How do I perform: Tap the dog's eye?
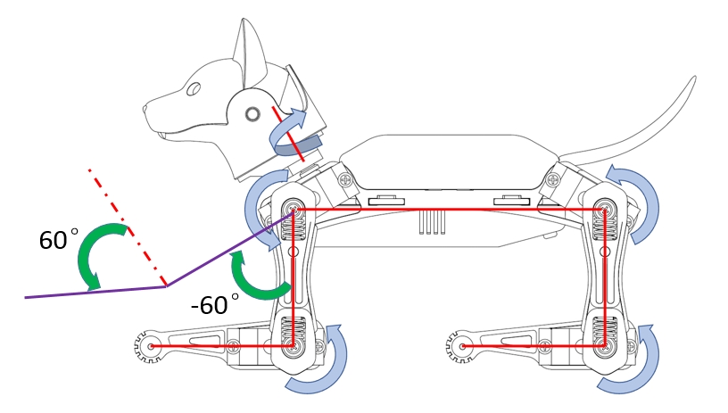coord(193,89)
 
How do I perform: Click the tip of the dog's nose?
coord(147,111)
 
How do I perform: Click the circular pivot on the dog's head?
coord(252,113)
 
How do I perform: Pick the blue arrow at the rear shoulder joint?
coord(642,202)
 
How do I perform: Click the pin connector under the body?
coord(433,222)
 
